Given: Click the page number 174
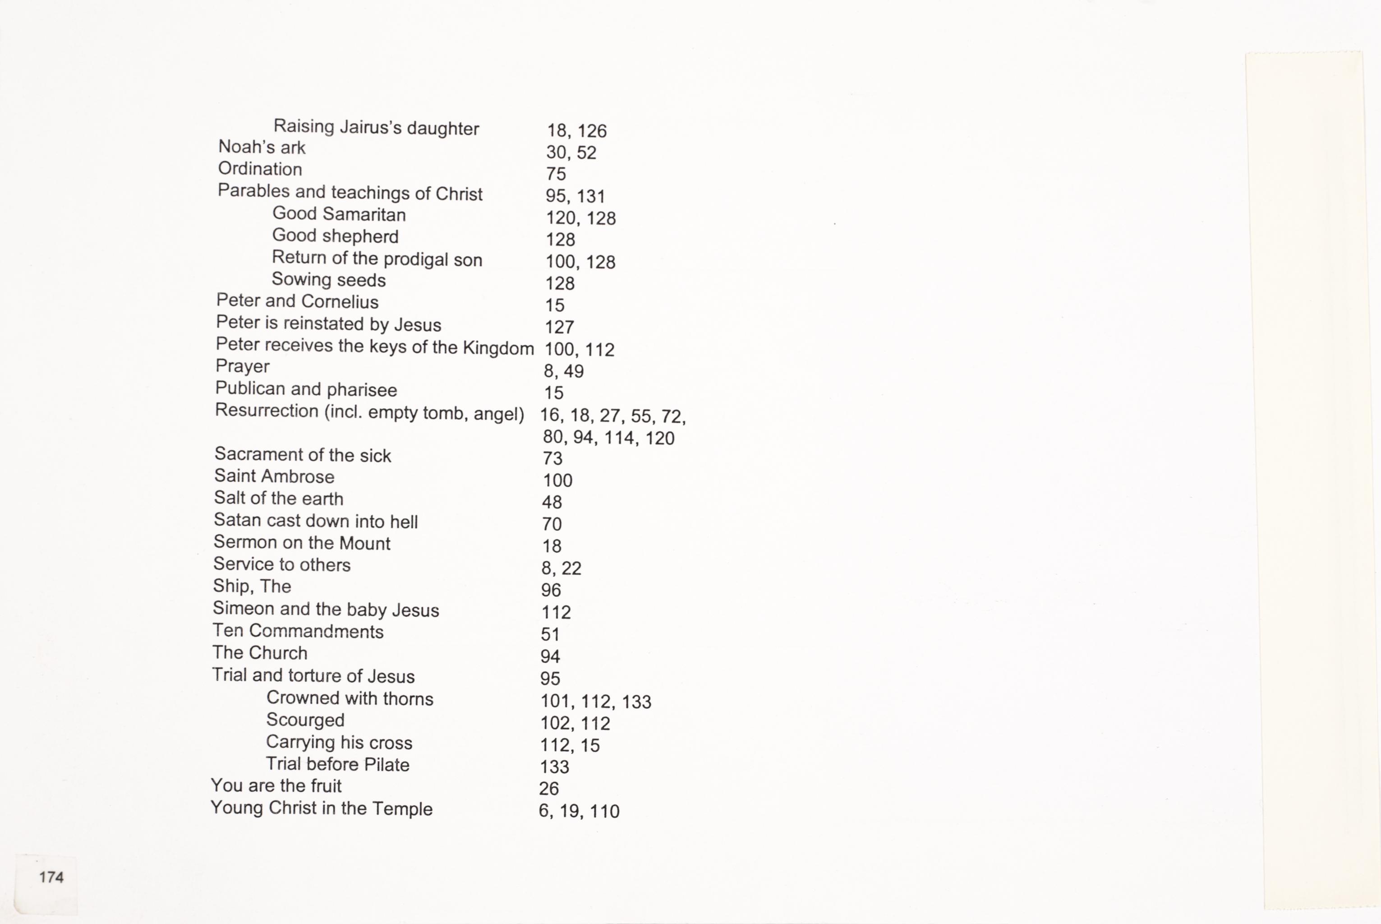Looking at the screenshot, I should (51, 878).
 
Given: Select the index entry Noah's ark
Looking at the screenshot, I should (262, 148).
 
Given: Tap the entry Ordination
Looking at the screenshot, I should (260, 169).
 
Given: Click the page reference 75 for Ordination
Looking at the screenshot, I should (555, 174).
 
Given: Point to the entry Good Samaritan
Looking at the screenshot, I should (339, 214).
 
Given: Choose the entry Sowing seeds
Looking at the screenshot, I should (329, 280).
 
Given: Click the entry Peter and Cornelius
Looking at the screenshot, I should (297, 301).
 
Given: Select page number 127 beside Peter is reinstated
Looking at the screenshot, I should (559, 327).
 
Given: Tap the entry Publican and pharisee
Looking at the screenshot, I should (306, 389).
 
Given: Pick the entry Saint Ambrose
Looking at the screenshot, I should (274, 476).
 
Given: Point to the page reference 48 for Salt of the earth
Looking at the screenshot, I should (552, 502).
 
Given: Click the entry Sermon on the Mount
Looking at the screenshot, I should (302, 543).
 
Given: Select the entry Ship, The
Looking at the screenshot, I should (252, 587).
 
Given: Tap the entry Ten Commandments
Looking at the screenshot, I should (298, 631).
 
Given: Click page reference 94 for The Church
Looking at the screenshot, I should (550, 656).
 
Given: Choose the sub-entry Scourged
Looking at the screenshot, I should (305, 720).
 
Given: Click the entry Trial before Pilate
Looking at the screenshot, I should (337, 764).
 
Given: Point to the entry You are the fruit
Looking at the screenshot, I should (276, 786).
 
